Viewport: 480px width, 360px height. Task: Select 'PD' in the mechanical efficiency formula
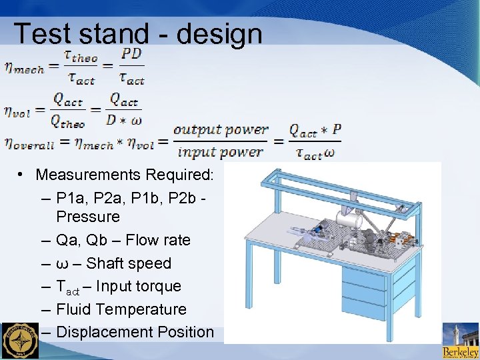tap(132, 54)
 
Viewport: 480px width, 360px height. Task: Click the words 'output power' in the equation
tap(220, 129)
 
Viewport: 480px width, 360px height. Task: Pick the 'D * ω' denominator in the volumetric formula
tap(124, 121)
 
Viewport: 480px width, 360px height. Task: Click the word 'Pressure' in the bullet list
tap(88, 217)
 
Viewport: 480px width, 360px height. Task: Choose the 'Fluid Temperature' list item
tap(121, 309)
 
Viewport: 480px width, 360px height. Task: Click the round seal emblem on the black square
tap(20, 341)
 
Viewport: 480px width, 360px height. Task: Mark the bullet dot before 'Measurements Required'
tap(22, 175)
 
